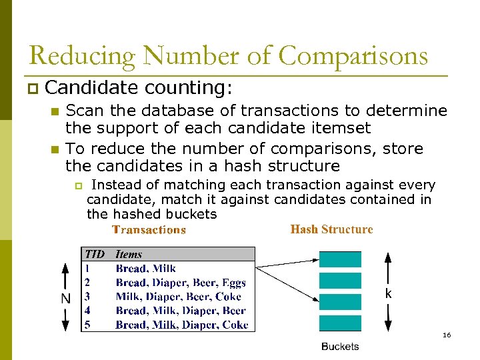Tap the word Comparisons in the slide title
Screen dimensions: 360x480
(x=353, y=57)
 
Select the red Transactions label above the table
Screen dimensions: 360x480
(x=149, y=230)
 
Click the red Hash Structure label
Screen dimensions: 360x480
(x=331, y=229)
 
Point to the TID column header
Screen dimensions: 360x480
(x=94, y=254)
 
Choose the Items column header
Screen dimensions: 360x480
(x=129, y=254)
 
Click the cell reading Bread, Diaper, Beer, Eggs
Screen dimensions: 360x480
(x=181, y=283)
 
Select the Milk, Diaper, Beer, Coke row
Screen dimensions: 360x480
(x=178, y=297)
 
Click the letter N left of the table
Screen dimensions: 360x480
(x=65, y=299)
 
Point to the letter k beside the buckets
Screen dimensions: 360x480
(x=388, y=293)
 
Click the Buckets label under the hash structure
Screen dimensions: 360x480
(x=340, y=346)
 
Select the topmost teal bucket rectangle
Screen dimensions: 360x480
(x=340, y=259)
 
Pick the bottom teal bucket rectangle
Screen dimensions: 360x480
(x=340, y=323)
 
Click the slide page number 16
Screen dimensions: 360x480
(x=447, y=335)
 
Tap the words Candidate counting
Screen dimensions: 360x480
(x=139, y=87)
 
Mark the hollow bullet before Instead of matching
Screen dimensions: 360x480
(x=77, y=185)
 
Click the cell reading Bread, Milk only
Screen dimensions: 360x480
(x=145, y=269)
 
